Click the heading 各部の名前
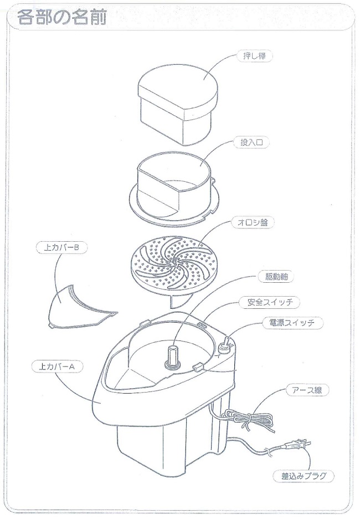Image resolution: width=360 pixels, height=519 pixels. [62, 17]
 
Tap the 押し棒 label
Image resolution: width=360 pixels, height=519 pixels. [255, 56]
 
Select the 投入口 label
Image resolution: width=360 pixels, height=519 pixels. [252, 143]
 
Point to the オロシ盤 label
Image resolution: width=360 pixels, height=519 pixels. [253, 222]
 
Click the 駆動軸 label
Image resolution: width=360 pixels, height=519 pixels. [275, 277]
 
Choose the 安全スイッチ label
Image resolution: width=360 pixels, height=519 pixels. [270, 302]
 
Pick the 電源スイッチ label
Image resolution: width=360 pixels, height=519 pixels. [292, 323]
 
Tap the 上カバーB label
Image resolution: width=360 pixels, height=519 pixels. [61, 248]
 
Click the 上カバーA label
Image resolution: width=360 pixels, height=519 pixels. [57, 367]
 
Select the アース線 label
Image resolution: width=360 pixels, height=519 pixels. [304, 390]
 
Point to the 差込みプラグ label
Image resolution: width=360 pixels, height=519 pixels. [304, 476]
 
